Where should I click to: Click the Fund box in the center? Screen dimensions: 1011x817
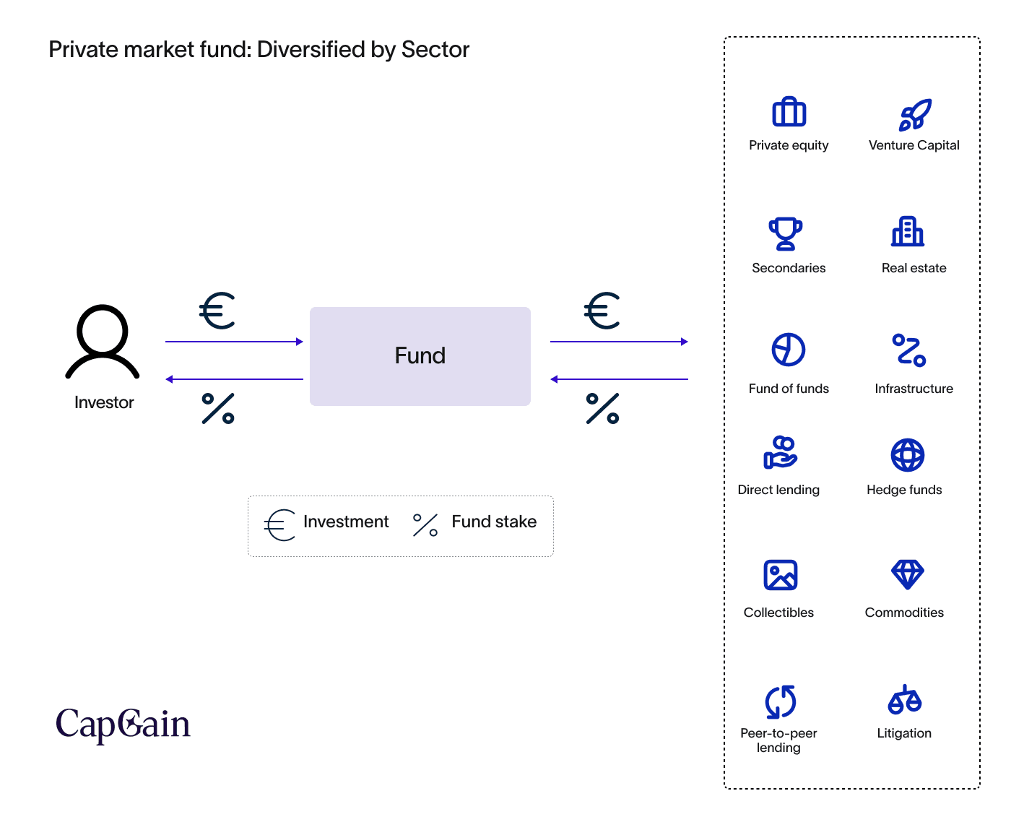pos(420,356)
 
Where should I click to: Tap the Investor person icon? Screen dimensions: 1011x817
pos(103,342)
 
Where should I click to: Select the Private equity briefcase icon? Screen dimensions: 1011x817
pos(789,113)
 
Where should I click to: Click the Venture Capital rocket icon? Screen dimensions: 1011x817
pos(914,114)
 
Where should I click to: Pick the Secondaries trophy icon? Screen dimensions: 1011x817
pos(786,233)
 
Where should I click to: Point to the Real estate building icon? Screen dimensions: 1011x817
pos(908,232)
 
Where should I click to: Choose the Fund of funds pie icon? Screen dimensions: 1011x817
pos(789,350)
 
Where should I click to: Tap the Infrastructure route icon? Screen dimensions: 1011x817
pos(909,350)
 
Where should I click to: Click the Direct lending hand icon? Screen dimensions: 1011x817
pos(780,453)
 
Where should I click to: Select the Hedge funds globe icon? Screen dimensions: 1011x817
pos(908,455)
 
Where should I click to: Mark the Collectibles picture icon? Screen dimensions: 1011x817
pos(781,575)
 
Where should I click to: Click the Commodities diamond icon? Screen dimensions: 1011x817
pos(908,574)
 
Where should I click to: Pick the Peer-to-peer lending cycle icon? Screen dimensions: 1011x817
pos(781,701)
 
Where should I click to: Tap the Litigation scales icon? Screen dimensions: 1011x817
pos(905,699)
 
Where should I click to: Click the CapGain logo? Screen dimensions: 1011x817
pos(123,725)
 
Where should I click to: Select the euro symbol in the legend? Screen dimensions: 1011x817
pos(280,525)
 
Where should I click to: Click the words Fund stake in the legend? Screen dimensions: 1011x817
pos(494,522)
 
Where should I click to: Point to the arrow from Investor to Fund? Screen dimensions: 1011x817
pos(234,342)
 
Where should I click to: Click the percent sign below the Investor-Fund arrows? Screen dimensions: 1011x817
pos(218,408)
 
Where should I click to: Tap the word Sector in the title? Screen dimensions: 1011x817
pos(435,50)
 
